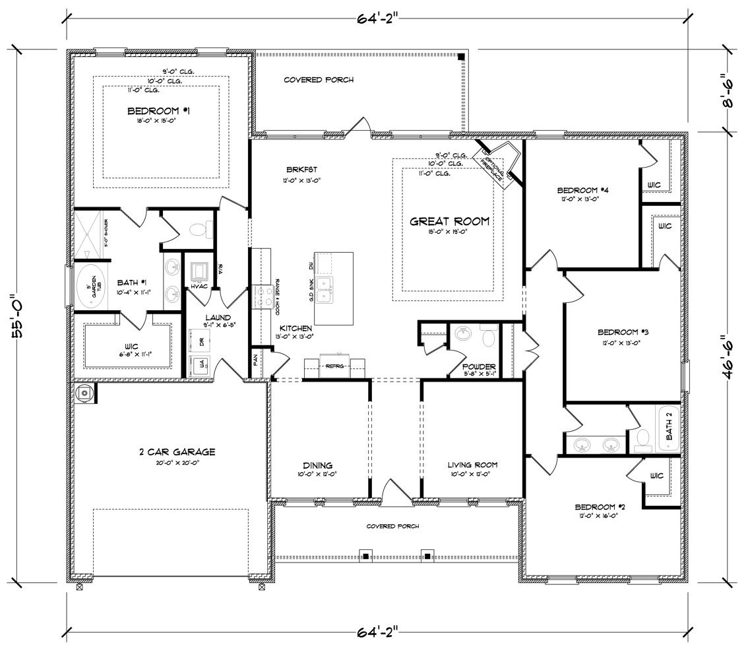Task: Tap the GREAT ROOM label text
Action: point(450,222)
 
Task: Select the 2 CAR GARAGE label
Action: point(168,452)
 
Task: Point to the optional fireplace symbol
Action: point(498,163)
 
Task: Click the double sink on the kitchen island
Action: point(325,289)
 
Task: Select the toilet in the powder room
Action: point(489,337)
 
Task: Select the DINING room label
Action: point(318,465)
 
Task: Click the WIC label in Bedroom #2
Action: point(656,476)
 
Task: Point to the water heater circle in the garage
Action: point(84,393)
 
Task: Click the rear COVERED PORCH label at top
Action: point(319,80)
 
